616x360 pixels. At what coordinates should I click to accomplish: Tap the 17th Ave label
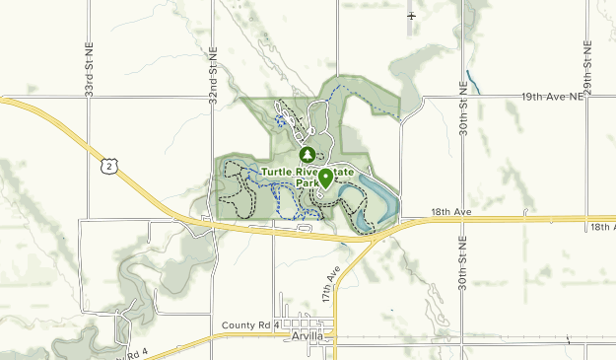[329, 286]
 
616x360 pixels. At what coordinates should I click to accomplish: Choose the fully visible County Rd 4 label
[251, 324]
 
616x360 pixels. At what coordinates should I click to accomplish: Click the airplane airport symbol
[411, 17]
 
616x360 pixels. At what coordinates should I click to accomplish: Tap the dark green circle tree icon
[307, 156]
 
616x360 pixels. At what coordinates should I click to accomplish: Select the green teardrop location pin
[325, 178]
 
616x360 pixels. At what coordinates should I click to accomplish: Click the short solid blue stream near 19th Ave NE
[473, 81]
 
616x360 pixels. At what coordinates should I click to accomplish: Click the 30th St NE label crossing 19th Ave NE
[462, 105]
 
